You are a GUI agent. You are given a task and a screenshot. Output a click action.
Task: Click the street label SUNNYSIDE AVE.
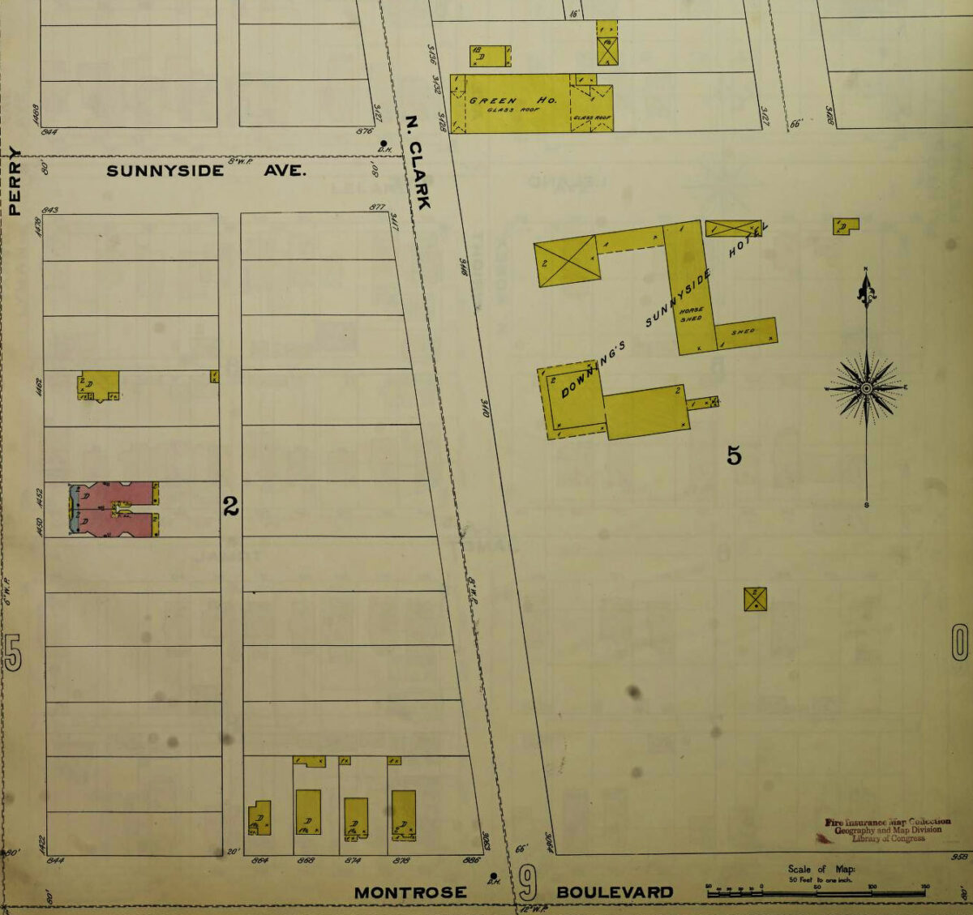[x=206, y=171]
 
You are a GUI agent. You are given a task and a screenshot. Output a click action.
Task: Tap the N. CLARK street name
[x=418, y=163]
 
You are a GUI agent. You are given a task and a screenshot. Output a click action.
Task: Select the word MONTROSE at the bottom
[x=410, y=892]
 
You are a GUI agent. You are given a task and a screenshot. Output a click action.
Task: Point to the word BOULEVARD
[x=615, y=892]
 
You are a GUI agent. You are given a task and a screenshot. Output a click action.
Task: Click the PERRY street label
[x=14, y=180]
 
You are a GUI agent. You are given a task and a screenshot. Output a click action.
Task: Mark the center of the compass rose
[x=866, y=388]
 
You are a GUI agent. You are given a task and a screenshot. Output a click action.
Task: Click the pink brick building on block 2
[x=114, y=509]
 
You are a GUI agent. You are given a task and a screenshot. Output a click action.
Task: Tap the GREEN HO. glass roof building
[x=512, y=104]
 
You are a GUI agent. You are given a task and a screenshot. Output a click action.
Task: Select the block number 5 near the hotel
[x=734, y=456]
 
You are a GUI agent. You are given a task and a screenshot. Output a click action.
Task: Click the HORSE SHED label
[x=691, y=314]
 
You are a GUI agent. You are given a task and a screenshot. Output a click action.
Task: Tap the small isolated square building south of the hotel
[x=755, y=599]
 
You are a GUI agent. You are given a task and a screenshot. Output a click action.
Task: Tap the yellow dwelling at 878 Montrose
[x=403, y=815]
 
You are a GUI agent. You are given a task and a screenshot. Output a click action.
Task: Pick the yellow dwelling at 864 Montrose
[x=259, y=817]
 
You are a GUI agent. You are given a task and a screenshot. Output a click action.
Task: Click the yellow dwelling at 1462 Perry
[x=99, y=385]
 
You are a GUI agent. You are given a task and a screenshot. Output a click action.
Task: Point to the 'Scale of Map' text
[x=821, y=869]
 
